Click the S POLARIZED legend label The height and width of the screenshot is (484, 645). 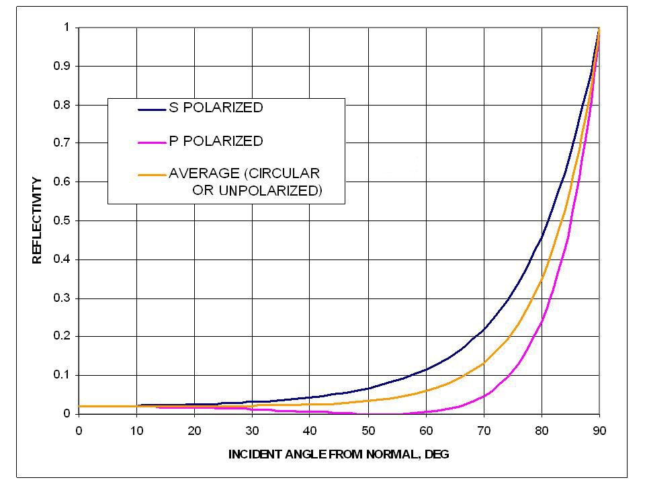[215, 108]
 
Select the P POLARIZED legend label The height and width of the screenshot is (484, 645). [215, 141]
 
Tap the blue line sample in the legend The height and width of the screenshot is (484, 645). [151, 109]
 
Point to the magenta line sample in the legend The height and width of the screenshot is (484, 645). [151, 142]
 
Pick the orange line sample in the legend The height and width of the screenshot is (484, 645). [151, 174]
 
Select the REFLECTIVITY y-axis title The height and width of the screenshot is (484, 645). [38, 220]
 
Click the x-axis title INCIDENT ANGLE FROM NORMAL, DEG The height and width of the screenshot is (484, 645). [339, 454]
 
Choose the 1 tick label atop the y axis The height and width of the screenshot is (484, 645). [67, 28]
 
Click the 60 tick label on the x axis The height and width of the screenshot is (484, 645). [426, 431]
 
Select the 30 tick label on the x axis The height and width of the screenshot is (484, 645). [253, 431]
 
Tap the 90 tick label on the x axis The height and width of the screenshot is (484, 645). [599, 431]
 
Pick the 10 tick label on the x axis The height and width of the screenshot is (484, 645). [137, 431]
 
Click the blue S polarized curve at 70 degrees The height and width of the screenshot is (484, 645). [484, 329]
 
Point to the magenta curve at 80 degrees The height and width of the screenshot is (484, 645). [542, 321]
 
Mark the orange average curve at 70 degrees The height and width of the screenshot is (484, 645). [484, 363]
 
